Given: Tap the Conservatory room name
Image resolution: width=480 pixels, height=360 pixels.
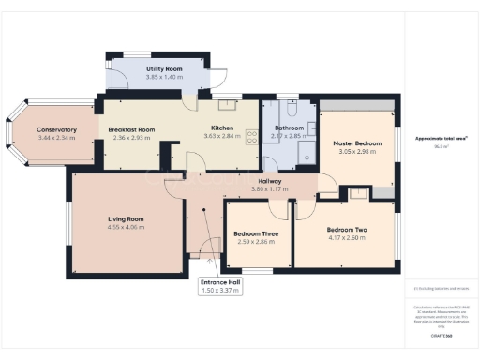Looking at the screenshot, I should tap(55, 129).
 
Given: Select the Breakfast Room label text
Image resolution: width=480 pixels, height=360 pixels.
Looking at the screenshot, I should tap(131, 129).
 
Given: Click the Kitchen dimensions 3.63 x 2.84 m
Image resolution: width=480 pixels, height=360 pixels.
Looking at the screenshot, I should tap(222, 137).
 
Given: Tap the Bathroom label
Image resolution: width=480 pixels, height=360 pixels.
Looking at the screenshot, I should tap(289, 127).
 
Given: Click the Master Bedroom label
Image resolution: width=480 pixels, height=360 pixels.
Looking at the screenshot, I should tap(356, 142).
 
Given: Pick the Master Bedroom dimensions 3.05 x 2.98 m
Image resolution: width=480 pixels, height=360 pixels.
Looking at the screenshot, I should tap(356, 151).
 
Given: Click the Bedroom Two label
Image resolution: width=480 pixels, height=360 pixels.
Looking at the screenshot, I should tap(346, 229).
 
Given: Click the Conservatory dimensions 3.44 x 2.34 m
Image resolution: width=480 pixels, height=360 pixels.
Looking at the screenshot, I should tap(55, 138).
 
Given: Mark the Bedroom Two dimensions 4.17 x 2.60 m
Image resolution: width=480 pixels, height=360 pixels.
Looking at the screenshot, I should tap(346, 237).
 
